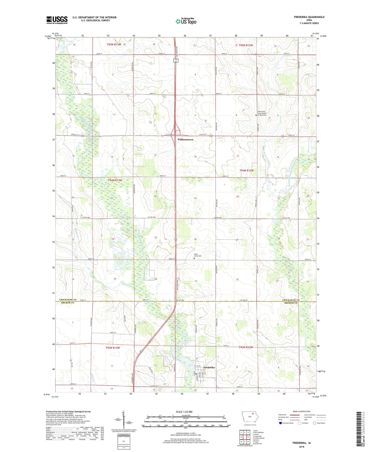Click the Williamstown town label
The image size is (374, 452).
point(185,140)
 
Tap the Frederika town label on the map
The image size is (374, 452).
point(209,367)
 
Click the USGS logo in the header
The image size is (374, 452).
point(57,20)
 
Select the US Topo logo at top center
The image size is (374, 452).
point(186,21)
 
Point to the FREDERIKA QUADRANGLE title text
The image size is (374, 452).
point(309,17)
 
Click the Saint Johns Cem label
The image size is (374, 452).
point(197,255)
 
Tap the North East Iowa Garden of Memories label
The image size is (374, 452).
point(264,113)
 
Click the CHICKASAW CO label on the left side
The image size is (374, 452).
point(68,300)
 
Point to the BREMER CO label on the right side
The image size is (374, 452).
point(291,303)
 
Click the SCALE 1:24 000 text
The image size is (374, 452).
point(184,412)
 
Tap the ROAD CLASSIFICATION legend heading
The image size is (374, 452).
point(302,411)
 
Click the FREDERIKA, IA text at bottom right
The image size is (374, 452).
point(302,443)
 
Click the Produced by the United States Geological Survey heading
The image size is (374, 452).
point(68,411)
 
